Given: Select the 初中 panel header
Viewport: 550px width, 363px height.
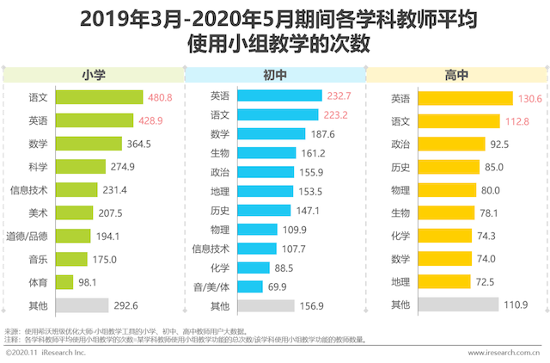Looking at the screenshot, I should [x=275, y=75].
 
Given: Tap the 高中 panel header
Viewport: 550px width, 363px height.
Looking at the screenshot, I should [x=457, y=75].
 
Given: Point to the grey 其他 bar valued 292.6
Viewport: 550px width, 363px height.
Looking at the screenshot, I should [x=83, y=305].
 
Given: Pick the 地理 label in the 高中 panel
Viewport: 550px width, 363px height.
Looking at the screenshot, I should [x=400, y=281].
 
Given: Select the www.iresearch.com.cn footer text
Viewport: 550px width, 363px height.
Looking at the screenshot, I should [x=503, y=353].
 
